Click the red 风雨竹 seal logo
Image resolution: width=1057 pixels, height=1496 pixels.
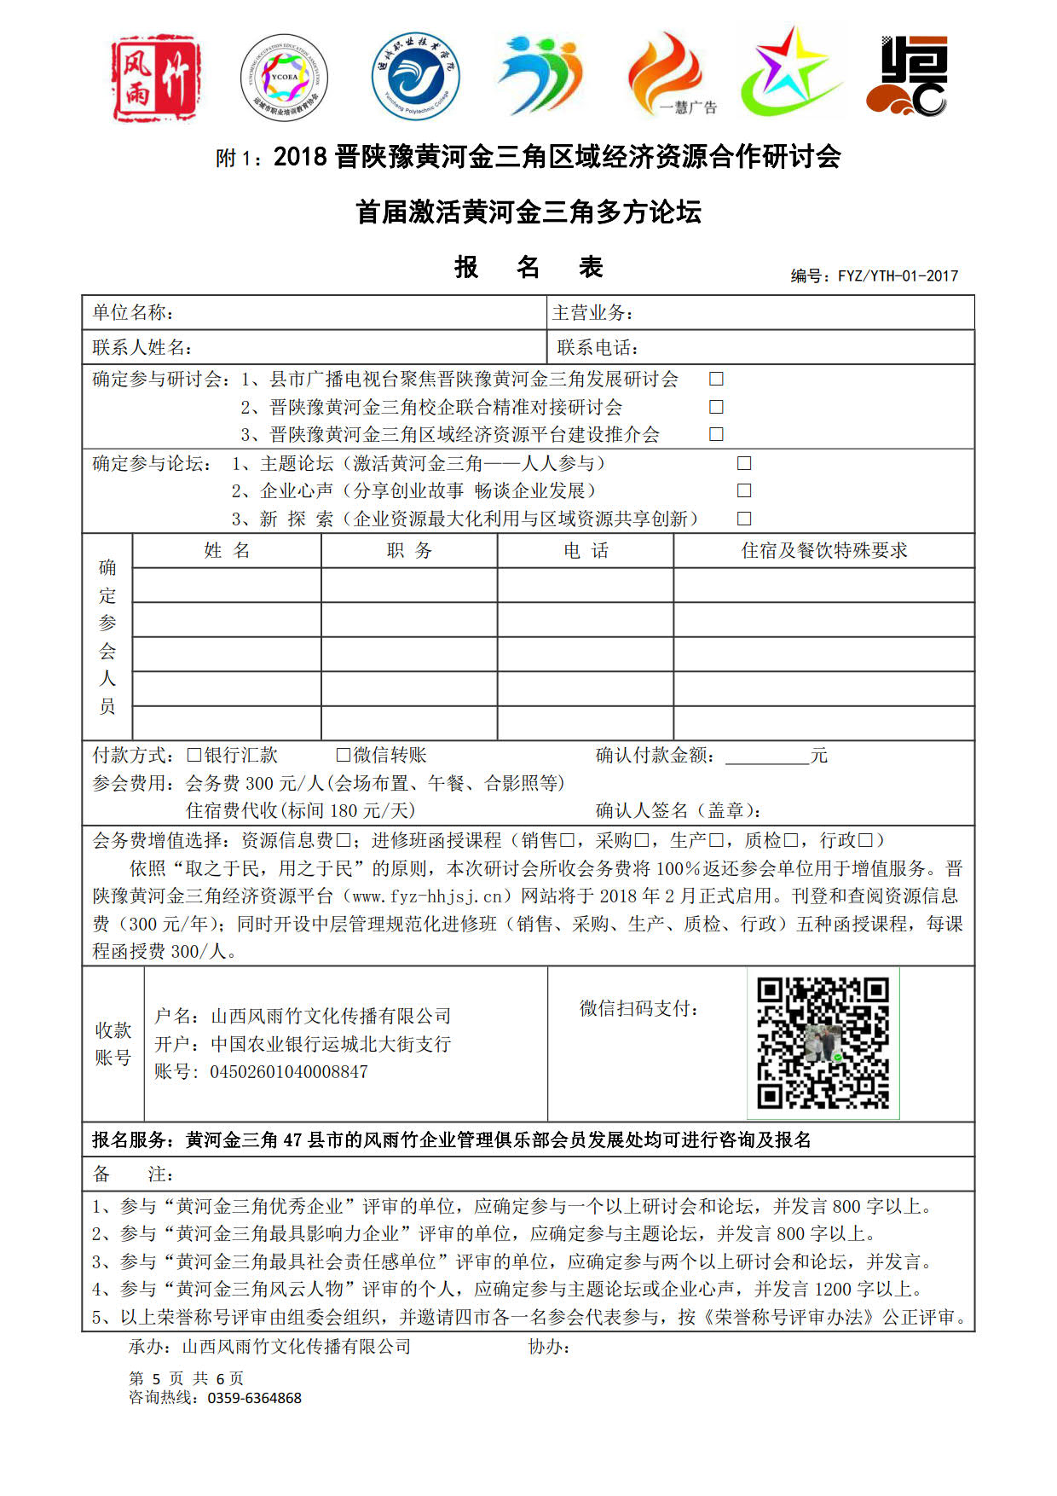(x=155, y=78)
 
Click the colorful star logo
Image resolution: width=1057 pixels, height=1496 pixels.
(x=791, y=75)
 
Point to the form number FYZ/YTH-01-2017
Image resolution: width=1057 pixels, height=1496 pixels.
(x=898, y=275)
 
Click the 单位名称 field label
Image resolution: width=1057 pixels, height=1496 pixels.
(x=133, y=313)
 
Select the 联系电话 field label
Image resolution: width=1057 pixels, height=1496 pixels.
(x=598, y=347)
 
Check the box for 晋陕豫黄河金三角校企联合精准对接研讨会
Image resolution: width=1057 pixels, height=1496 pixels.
(x=716, y=407)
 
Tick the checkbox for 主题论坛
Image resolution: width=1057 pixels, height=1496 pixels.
(x=744, y=463)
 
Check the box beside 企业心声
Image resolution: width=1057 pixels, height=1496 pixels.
(x=744, y=490)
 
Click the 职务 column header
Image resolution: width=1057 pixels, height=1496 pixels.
(x=409, y=551)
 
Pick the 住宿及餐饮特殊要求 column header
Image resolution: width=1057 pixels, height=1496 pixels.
(x=823, y=551)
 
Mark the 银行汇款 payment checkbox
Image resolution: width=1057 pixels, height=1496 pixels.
(x=193, y=755)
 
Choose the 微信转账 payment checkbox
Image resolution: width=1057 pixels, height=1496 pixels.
(x=344, y=755)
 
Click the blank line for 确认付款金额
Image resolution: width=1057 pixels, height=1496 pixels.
(x=766, y=757)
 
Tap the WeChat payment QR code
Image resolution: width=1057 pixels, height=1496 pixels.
(x=823, y=1043)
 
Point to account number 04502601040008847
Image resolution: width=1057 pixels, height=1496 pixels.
(x=288, y=1072)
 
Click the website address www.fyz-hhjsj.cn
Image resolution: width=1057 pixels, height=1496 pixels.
(x=427, y=896)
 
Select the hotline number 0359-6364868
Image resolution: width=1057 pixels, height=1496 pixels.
(x=254, y=1398)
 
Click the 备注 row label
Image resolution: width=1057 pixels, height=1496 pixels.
(x=132, y=1174)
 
